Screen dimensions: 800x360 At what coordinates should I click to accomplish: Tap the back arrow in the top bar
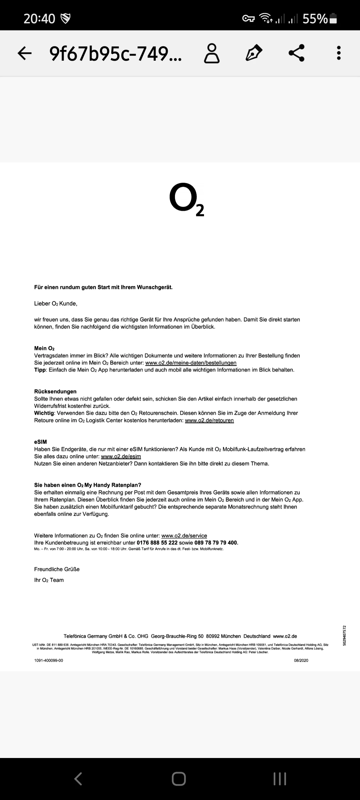[x=25, y=53]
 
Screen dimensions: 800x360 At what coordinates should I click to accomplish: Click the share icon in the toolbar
[x=296, y=53]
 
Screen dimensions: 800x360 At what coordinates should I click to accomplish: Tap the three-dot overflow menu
[x=339, y=53]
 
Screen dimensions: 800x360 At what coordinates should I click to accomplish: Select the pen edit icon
[x=254, y=53]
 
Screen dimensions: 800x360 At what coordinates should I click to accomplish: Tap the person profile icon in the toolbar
[x=212, y=53]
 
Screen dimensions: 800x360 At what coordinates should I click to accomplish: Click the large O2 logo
[x=186, y=199]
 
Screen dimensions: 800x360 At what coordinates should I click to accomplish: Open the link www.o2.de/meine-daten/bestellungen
[x=191, y=363]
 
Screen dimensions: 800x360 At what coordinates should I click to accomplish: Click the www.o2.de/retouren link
[x=209, y=420]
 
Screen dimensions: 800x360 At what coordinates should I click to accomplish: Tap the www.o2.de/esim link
[x=121, y=456]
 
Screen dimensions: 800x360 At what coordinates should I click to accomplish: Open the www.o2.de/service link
[x=184, y=536]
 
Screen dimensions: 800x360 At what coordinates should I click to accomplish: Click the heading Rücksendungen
[x=55, y=391]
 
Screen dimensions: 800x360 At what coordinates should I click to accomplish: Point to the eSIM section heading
[x=40, y=442]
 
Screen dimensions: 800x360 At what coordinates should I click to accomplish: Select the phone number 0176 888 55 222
[x=157, y=543]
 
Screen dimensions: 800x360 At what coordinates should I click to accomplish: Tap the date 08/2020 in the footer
[x=301, y=660]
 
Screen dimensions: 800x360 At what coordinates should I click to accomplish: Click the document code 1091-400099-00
[x=49, y=660]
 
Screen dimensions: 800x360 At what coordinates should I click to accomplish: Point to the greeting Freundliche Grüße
[x=57, y=569]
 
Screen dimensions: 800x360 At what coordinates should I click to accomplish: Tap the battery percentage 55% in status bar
[x=315, y=19]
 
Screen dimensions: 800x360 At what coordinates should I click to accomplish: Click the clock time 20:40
[x=39, y=19]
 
